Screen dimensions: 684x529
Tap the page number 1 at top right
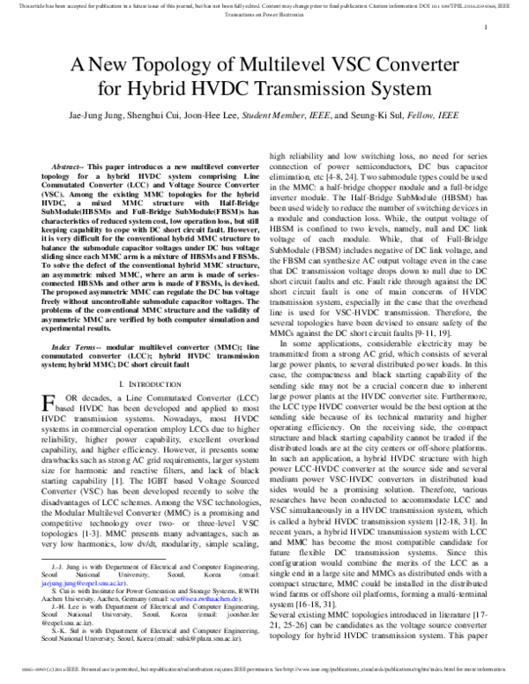[488, 29]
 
